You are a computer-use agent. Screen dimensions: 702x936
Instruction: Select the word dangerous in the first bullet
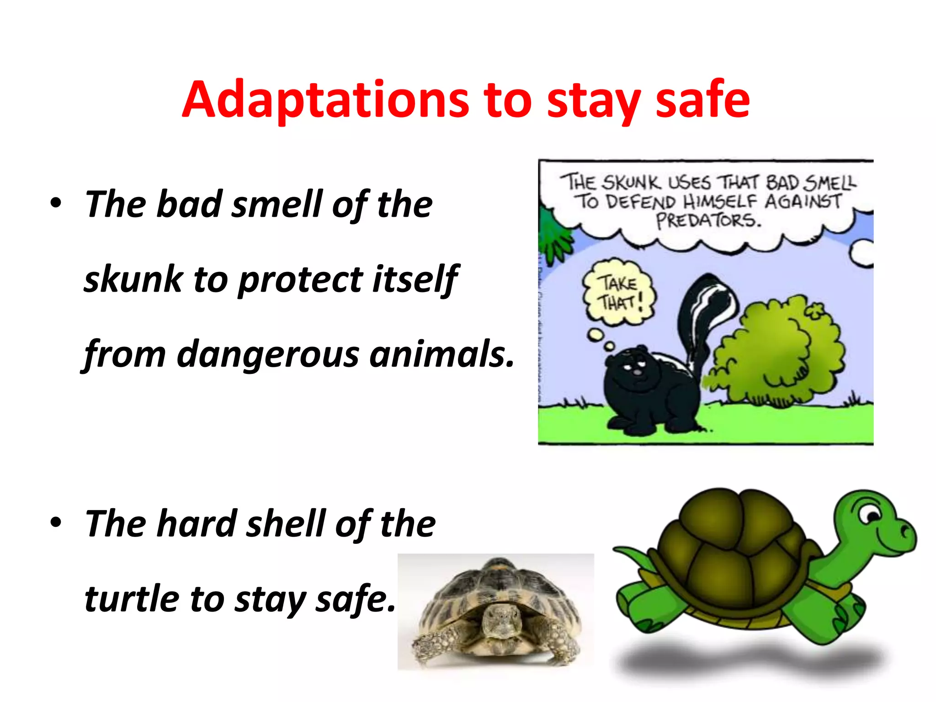(268, 354)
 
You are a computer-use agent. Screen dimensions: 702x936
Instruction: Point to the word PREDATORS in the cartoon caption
(708, 221)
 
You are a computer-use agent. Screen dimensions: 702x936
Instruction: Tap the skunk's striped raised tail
(704, 311)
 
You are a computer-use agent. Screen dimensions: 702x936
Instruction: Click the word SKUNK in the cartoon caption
(631, 183)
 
